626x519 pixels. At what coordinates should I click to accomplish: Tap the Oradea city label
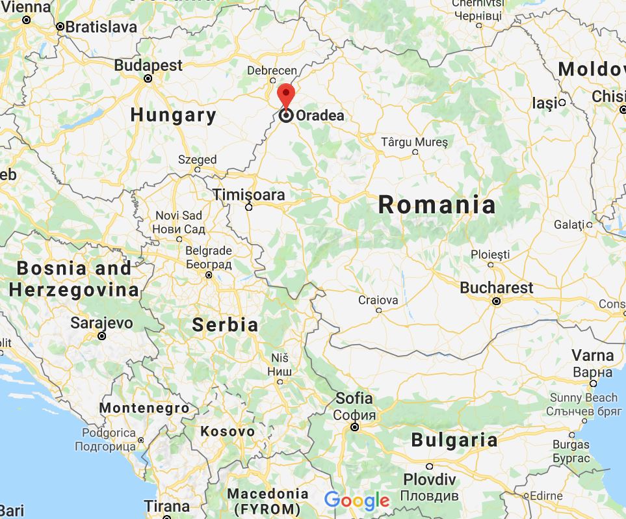(320, 116)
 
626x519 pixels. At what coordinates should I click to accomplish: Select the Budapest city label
(148, 65)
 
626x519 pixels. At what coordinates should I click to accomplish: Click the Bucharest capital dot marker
(496, 301)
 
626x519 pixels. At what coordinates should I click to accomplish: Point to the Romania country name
(437, 205)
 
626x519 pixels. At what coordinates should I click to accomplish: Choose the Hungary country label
(173, 115)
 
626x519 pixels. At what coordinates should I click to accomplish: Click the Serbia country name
(226, 325)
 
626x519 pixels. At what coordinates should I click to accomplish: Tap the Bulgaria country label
(454, 440)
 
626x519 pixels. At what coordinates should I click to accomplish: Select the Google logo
(356, 500)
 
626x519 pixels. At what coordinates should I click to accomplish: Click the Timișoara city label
(250, 195)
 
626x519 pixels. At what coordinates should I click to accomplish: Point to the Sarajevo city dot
(101, 336)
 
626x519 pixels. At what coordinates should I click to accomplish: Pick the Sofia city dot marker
(355, 427)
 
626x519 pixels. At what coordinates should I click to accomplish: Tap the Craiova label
(378, 300)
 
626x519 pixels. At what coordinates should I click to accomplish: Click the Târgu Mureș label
(415, 141)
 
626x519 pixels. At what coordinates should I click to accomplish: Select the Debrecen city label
(272, 71)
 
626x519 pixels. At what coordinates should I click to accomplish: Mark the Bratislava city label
(101, 27)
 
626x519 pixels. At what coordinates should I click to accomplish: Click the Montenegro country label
(144, 408)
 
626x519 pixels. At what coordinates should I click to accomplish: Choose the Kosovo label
(228, 431)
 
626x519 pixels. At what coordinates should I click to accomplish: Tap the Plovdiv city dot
(430, 466)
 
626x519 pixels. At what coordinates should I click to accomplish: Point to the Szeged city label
(198, 159)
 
